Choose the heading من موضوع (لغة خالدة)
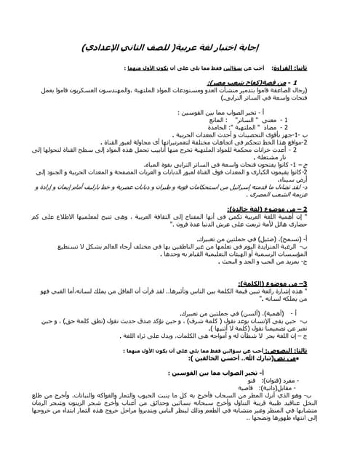pos(279,209)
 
